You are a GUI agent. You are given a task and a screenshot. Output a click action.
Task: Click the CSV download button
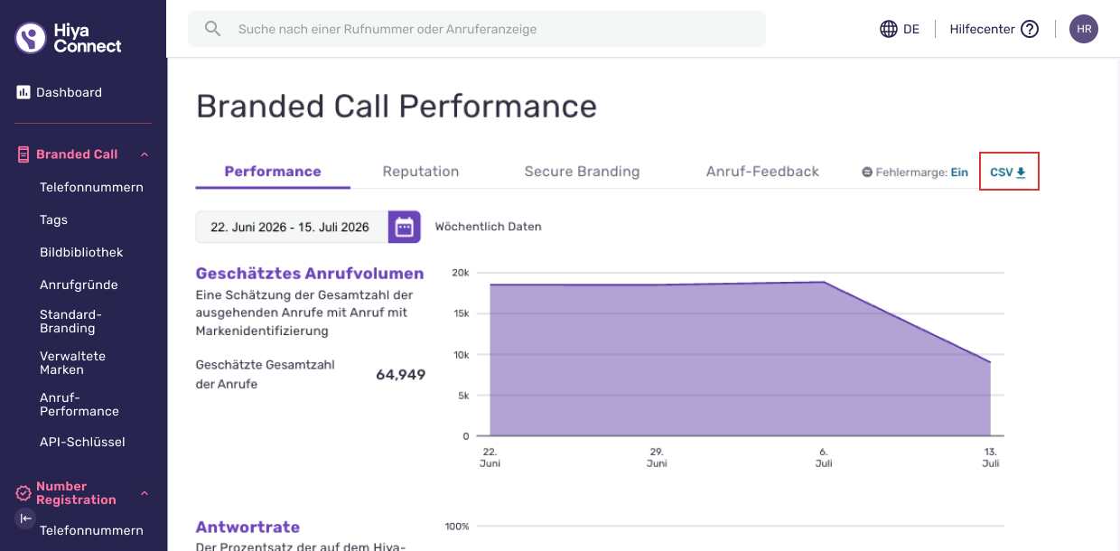pyautogui.click(x=1008, y=172)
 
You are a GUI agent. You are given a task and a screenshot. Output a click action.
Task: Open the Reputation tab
pyautogui.click(x=421, y=172)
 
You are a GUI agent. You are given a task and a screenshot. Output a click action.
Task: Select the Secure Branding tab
pyautogui.click(x=582, y=172)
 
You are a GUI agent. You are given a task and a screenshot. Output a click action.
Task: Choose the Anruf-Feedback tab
pyautogui.click(x=762, y=172)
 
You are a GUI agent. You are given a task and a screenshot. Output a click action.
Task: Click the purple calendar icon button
pyautogui.click(x=404, y=227)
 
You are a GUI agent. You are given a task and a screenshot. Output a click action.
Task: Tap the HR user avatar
pyautogui.click(x=1084, y=29)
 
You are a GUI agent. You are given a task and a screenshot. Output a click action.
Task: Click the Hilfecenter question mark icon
pyautogui.click(x=1030, y=29)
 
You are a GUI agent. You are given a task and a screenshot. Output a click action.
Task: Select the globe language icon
pyautogui.click(x=888, y=29)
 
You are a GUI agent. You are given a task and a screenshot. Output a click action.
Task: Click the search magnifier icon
pyautogui.click(x=212, y=29)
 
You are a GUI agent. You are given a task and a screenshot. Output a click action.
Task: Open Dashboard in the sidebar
pyautogui.click(x=69, y=92)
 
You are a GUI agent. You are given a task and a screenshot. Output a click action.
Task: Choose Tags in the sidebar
pyautogui.click(x=53, y=220)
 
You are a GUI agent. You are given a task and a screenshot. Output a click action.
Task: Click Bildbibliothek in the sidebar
pyautogui.click(x=81, y=252)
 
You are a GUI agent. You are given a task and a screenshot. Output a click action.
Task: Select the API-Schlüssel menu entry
pyautogui.click(x=82, y=442)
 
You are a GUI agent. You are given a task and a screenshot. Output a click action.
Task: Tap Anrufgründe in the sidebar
pyautogui.click(x=79, y=285)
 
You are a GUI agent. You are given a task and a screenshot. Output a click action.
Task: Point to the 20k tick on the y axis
pyautogui.click(x=461, y=273)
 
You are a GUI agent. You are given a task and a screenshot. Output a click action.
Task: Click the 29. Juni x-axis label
pyautogui.click(x=657, y=457)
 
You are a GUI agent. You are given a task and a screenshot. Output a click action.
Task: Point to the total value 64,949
pyautogui.click(x=400, y=375)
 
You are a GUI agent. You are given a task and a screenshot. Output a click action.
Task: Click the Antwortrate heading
pyautogui.click(x=247, y=527)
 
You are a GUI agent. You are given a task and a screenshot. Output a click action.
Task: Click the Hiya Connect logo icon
pyautogui.click(x=31, y=38)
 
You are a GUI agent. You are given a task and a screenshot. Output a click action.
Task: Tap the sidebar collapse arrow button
pyautogui.click(x=25, y=518)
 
